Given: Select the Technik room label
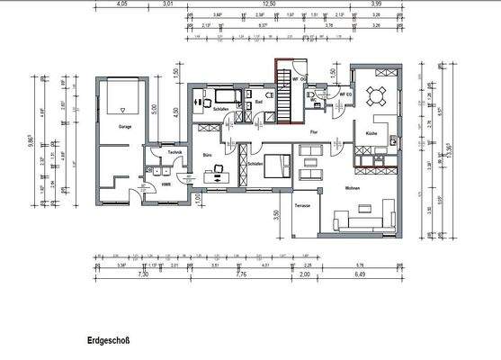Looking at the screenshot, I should [x=175, y=152].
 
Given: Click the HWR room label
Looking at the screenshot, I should [x=166, y=184].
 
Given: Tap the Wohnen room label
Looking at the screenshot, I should [x=352, y=188].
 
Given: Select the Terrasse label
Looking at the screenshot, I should [x=303, y=206].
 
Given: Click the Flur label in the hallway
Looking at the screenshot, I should [x=314, y=132].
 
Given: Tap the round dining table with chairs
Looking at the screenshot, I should [x=378, y=93].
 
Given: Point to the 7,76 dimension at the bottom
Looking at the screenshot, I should [x=240, y=274].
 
